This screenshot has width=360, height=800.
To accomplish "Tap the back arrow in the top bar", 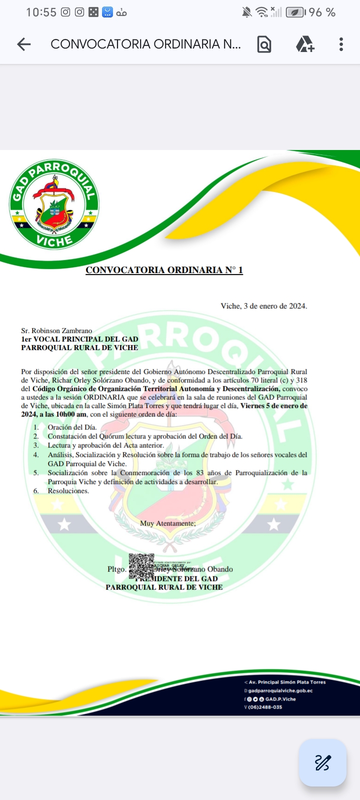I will tap(24, 44).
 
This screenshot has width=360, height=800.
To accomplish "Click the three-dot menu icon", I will tap(341, 44).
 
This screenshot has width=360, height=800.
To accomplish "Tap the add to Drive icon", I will tap(304, 44).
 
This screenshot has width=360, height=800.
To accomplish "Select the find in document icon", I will tap(264, 44).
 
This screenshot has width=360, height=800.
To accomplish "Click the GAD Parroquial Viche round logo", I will tap(54, 204).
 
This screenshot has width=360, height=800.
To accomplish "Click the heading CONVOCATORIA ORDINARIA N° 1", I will tap(164, 270).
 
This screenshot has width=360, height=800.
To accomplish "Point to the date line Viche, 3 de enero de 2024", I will tap(263, 306).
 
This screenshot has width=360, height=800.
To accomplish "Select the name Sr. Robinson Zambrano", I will tap(56, 330).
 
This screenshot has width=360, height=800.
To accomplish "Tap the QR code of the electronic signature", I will tap(141, 566).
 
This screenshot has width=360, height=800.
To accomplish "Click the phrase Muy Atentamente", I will tap(167, 523).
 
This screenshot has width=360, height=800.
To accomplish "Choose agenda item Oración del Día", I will tap(72, 427).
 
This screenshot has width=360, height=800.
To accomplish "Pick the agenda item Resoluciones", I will tap(68, 491).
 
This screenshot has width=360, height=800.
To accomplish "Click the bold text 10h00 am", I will tap(71, 414).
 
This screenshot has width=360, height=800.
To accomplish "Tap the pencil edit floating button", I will tap(322, 763).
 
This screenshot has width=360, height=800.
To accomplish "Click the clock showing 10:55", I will tap(41, 12).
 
